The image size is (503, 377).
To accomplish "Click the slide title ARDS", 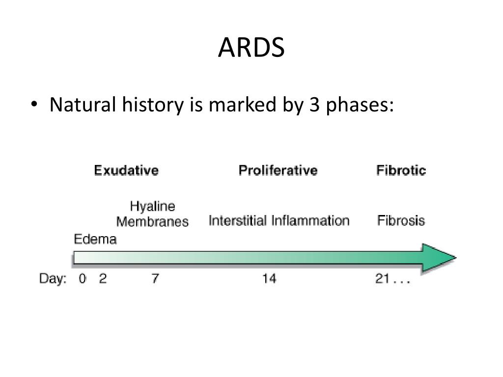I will pyautogui.click(x=251, y=48).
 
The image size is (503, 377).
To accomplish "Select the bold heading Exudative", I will pyautogui.click(x=126, y=170).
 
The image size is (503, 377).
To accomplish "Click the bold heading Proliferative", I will pyautogui.click(x=278, y=170).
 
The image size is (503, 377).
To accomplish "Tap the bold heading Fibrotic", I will pyautogui.click(x=401, y=170).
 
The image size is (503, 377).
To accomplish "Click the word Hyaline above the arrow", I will pyautogui.click(x=152, y=206).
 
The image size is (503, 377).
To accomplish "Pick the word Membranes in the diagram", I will pyautogui.click(x=152, y=221).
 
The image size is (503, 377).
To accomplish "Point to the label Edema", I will pyautogui.click(x=95, y=240).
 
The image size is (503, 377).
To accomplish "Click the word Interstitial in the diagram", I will pyautogui.click(x=238, y=220).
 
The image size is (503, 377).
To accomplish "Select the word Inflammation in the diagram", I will pyautogui.click(x=310, y=220).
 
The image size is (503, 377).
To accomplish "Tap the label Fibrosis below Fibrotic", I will pyautogui.click(x=401, y=220).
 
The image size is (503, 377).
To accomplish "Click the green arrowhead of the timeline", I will pyautogui.click(x=439, y=258).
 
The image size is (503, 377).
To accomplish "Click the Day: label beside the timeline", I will pyautogui.click(x=53, y=279).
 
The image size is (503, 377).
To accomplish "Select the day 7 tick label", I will pyautogui.click(x=155, y=279).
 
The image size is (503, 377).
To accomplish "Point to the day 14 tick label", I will pyautogui.click(x=269, y=279).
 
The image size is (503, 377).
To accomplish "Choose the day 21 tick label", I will pyautogui.click(x=383, y=279).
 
